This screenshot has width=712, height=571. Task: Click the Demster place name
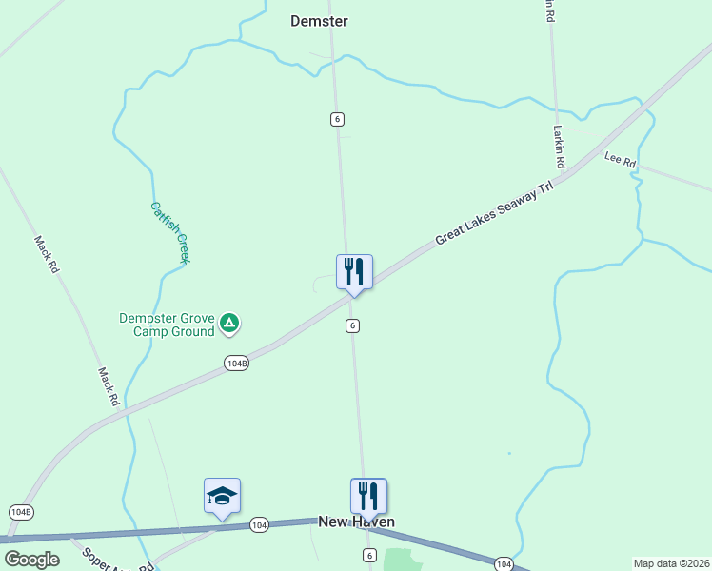[319, 21]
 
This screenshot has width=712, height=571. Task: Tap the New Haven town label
[356, 522]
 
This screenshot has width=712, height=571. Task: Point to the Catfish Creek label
[170, 231]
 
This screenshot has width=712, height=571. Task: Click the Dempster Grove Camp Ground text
[166, 325]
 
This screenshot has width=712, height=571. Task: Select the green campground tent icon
[228, 324]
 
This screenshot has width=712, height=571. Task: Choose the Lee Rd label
[620, 160]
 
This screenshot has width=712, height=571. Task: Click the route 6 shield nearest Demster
[337, 119]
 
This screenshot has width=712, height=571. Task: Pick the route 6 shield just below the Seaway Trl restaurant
[352, 325]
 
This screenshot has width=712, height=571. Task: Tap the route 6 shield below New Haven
[368, 555]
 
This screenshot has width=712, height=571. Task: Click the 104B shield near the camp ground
[236, 364]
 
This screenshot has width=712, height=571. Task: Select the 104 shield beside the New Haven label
[259, 524]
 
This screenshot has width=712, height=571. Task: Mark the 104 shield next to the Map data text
[504, 564]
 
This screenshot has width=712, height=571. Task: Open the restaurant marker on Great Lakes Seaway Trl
[354, 272]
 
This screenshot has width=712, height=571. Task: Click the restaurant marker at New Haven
[368, 496]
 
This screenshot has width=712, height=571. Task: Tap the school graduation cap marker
[222, 496]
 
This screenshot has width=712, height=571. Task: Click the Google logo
[31, 560]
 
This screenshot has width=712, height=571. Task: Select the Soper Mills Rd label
[116, 561]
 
